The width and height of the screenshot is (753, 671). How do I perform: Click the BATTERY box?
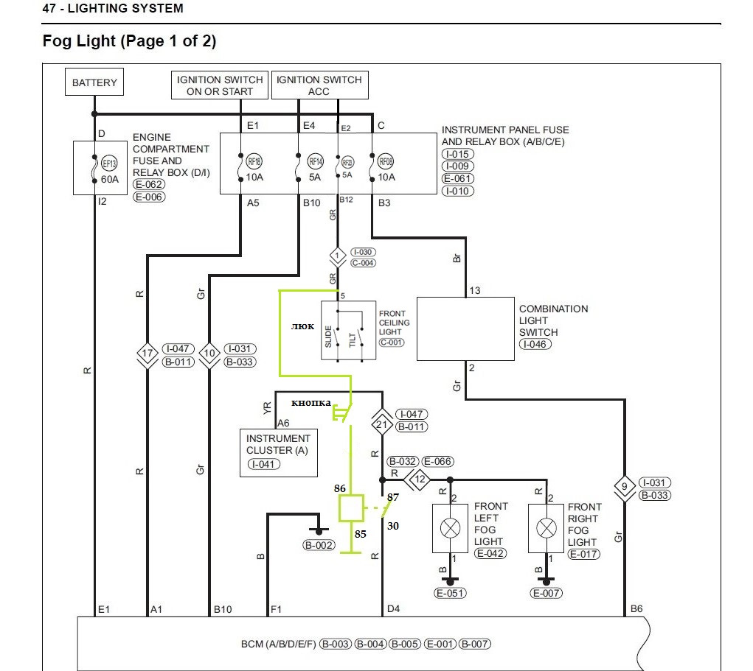click(94, 82)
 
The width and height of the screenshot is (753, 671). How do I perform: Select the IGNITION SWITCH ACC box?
click(319, 85)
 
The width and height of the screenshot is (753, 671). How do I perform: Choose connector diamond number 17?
click(148, 354)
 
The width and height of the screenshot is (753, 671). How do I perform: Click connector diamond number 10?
click(210, 354)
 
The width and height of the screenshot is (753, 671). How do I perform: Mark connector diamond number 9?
click(625, 488)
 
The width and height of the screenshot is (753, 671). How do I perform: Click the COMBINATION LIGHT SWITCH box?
click(465, 329)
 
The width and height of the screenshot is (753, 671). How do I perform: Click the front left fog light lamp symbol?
click(449, 528)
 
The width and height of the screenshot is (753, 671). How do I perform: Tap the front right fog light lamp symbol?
click(546, 528)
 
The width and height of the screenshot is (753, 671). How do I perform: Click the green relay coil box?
click(350, 508)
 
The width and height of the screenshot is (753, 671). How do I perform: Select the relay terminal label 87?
click(393, 497)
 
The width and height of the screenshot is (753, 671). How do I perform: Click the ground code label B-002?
click(319, 546)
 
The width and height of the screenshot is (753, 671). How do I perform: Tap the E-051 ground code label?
click(449, 593)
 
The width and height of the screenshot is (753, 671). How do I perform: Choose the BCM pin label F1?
click(276, 609)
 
